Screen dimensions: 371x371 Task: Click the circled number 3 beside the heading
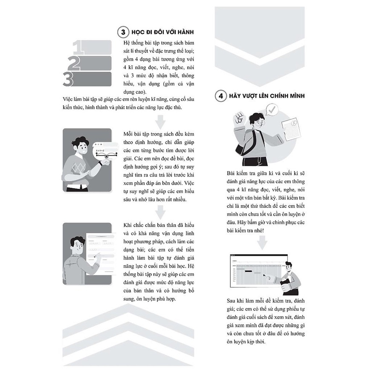[123, 32]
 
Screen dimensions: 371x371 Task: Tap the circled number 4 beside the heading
[221, 96]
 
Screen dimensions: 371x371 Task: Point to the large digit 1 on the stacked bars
[78, 47]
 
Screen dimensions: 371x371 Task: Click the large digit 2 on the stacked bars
[74, 63]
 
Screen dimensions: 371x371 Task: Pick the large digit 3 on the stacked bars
[68, 79]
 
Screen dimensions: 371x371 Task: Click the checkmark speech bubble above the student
[272, 110]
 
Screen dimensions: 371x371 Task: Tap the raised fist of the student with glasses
[239, 118]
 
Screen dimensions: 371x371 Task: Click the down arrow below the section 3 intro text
[160, 122]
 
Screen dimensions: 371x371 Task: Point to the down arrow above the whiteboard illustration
[160, 212]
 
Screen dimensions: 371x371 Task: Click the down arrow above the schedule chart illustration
[262, 243]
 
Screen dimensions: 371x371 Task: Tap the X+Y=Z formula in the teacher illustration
[100, 150]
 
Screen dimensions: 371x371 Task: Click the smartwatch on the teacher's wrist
[100, 163]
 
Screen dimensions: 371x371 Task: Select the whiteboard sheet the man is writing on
[101, 254]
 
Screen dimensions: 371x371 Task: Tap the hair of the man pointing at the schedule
[289, 264]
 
